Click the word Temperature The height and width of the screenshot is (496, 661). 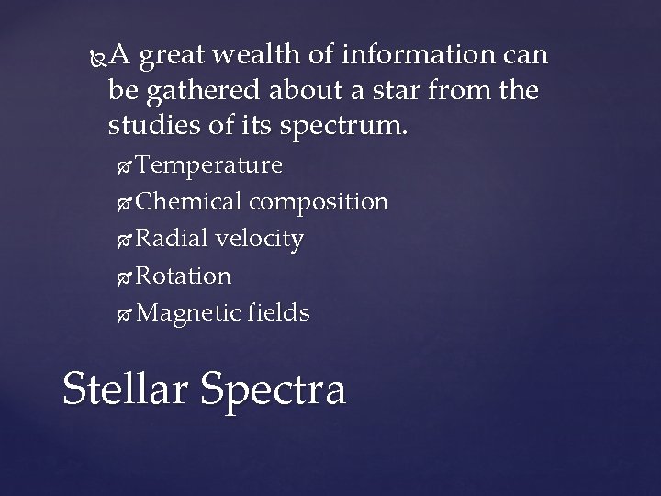[x=208, y=165]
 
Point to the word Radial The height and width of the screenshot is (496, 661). [x=174, y=239]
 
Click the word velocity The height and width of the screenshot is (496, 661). [x=262, y=239]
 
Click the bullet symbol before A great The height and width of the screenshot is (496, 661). [x=98, y=57]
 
